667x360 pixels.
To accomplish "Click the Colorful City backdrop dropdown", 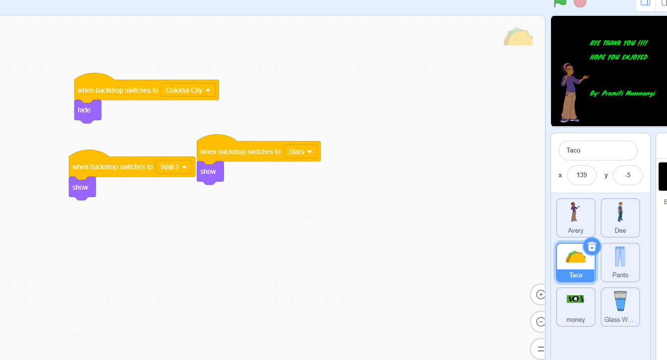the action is [x=188, y=90].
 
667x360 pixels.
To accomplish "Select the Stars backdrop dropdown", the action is [x=300, y=152].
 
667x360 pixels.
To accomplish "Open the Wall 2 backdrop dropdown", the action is [x=173, y=167].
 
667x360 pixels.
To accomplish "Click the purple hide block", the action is [x=88, y=110].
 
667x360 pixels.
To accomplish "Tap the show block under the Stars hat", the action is [x=210, y=172].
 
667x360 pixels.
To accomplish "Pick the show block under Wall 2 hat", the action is [x=82, y=188].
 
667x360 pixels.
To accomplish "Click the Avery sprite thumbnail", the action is [x=576, y=218].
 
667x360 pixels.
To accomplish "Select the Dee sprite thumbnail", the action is [x=620, y=218].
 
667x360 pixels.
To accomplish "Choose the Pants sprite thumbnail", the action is [x=620, y=262].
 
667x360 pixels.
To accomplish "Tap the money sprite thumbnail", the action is [x=576, y=307].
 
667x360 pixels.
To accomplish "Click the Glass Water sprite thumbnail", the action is [x=620, y=307].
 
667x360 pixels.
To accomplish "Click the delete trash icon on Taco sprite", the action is [x=592, y=247].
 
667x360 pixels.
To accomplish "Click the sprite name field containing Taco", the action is [x=598, y=151].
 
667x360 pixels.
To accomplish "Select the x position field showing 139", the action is [x=582, y=175].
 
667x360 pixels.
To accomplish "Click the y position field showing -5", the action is [x=628, y=175].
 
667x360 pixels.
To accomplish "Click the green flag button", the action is [x=560, y=3].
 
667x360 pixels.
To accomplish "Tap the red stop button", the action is [x=580, y=3].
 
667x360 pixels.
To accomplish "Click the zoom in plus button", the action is [x=540, y=295].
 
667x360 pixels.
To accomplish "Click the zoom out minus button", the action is [x=540, y=321].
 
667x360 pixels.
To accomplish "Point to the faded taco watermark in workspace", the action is [x=518, y=37].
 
